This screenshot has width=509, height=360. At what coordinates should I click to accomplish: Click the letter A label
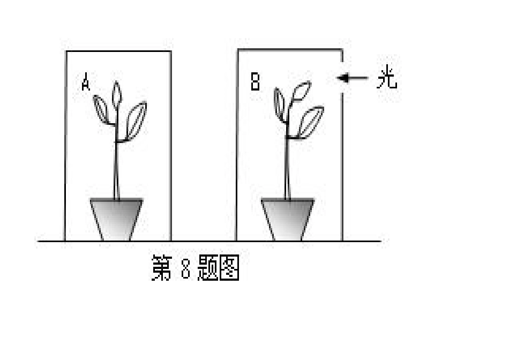tap(86, 84)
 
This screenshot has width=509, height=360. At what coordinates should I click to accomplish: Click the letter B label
tap(256, 82)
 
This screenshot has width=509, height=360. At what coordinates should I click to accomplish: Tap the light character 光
tap(386, 79)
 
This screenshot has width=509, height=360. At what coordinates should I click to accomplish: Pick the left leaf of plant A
tap(101, 109)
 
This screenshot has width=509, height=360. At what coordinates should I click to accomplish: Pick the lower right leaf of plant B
tap(311, 122)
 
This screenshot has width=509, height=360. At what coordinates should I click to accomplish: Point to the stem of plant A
tap(116, 166)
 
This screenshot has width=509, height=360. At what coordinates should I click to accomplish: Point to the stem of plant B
tap(287, 166)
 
